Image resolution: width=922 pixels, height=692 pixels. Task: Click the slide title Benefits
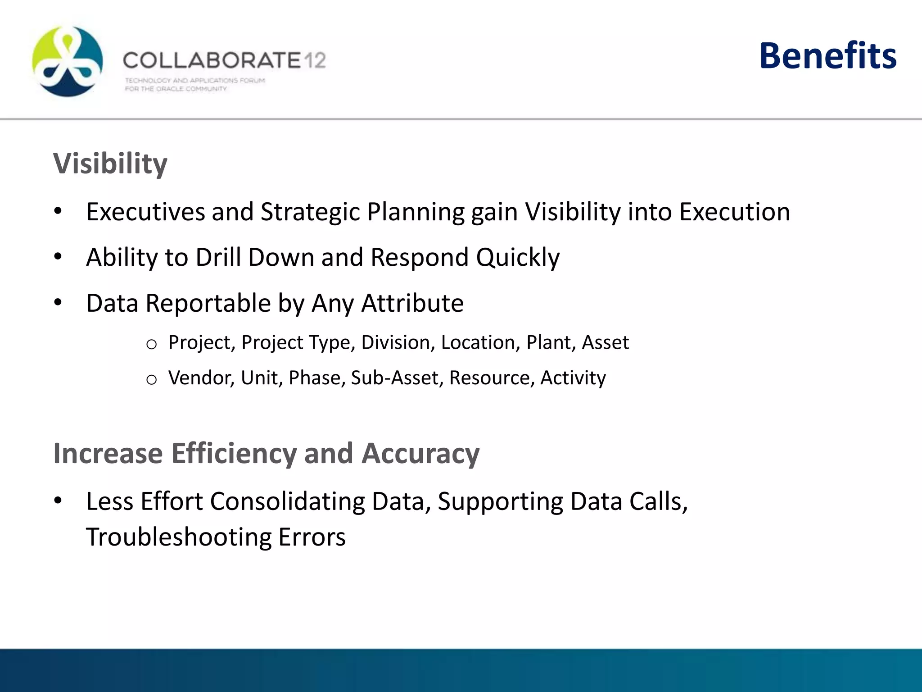coord(827,56)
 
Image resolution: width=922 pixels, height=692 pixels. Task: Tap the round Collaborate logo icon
coord(68,62)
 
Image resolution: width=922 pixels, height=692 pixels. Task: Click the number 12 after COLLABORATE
coord(314,60)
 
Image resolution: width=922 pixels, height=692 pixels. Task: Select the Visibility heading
coord(110,164)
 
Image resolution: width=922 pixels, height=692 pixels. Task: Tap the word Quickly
coord(518,258)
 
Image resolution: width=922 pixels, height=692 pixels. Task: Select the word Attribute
coord(412,303)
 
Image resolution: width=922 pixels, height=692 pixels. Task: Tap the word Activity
coord(573,378)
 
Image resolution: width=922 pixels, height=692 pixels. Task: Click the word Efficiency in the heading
coord(234,454)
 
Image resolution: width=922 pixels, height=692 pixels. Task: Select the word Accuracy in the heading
coord(420,454)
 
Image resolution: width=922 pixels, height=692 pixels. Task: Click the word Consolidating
coord(287,501)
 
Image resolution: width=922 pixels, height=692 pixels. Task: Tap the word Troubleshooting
coord(178,537)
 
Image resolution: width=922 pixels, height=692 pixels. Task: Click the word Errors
coord(312,537)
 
